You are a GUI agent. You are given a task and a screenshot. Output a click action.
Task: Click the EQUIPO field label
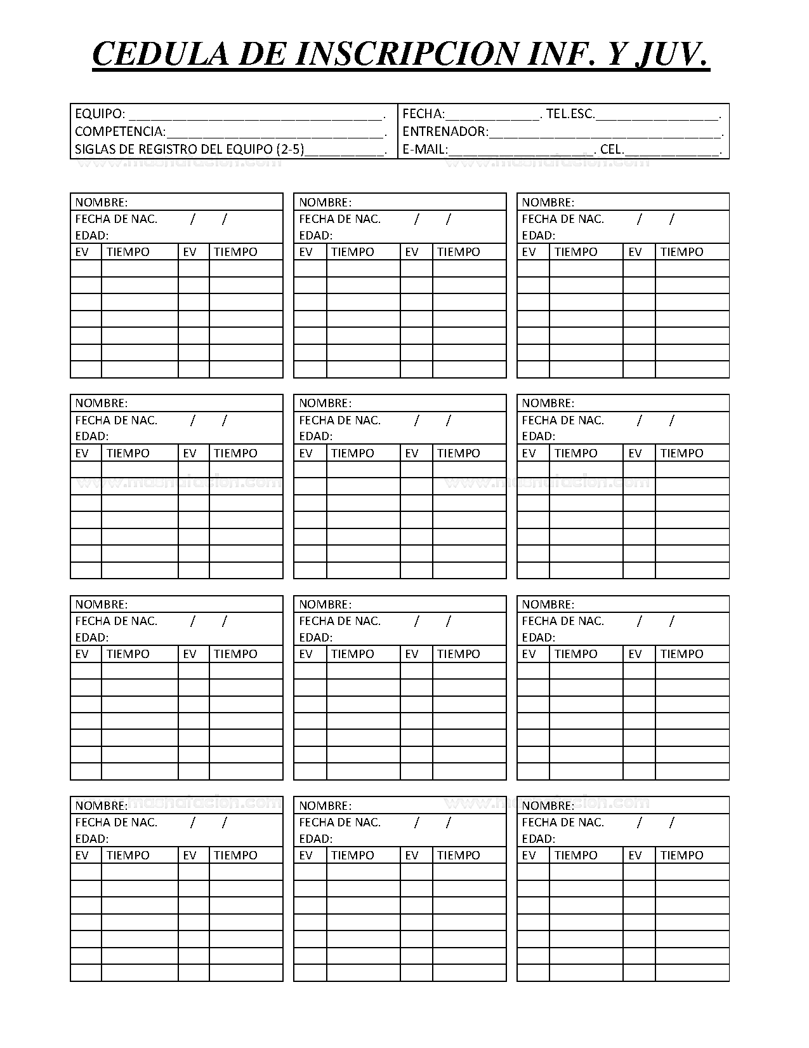pyautogui.click(x=100, y=114)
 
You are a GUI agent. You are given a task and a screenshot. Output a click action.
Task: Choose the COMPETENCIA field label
pyautogui.click(x=120, y=131)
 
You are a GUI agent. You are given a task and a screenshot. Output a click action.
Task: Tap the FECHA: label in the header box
pyautogui.click(x=423, y=114)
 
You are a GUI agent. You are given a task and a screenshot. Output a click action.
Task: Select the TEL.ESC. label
pyautogui.click(x=570, y=114)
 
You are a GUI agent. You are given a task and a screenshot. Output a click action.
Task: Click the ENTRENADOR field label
pyautogui.click(x=445, y=131)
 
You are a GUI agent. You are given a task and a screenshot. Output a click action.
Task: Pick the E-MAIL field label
pyautogui.click(x=424, y=149)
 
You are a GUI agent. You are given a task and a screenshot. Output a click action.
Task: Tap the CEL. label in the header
pyautogui.click(x=612, y=149)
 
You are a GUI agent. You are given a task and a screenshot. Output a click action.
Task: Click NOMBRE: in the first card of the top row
pyautogui.click(x=102, y=202)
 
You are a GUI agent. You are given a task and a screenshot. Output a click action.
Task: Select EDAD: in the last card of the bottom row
pyautogui.click(x=538, y=838)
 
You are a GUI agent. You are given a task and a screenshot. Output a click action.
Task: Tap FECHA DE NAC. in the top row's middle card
pyautogui.click(x=339, y=219)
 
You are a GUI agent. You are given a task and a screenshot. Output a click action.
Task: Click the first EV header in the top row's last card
pyautogui.click(x=529, y=252)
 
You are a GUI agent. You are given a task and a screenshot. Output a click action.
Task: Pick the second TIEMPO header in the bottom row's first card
pyautogui.click(x=235, y=856)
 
